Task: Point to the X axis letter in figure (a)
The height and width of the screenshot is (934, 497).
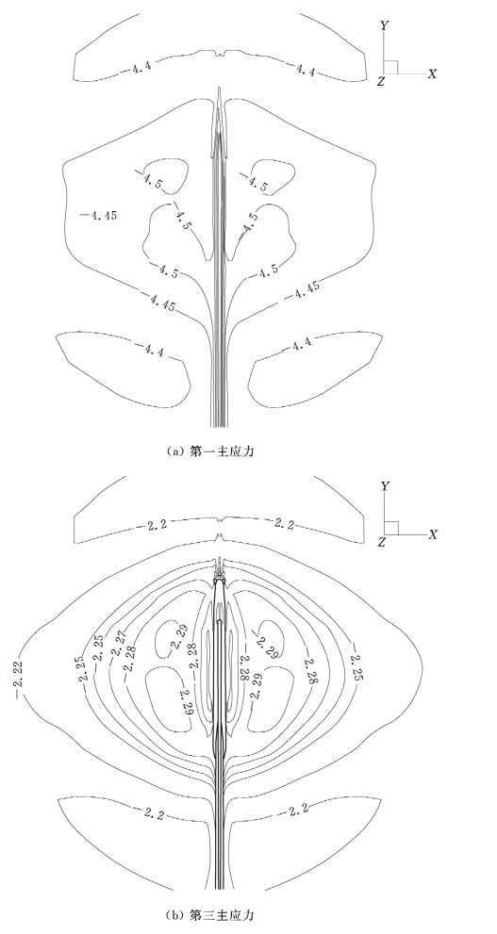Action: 433,74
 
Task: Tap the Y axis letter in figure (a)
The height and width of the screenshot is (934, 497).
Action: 385,25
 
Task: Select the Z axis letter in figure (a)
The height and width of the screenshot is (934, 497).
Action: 381,82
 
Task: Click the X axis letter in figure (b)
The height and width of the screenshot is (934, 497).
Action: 433,534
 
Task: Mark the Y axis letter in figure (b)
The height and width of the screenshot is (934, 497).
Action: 385,486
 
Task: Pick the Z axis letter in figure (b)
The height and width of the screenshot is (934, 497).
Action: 381,542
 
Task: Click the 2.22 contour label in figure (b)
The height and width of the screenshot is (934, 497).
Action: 20,667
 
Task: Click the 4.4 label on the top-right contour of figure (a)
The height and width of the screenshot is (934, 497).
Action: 306,70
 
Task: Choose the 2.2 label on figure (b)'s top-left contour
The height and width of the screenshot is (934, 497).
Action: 157,524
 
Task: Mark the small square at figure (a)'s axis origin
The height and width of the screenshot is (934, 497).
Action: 391,67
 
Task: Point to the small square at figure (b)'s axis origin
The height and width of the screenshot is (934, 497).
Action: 391,528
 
